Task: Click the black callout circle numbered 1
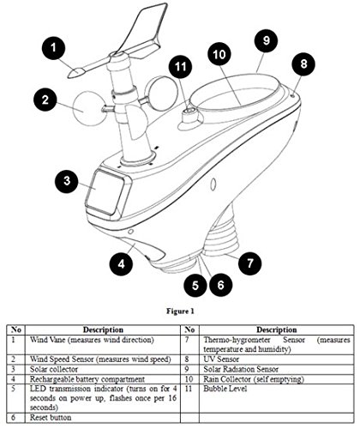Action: (x=54, y=48)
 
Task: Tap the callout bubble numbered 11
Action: (x=180, y=66)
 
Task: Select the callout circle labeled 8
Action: (x=303, y=63)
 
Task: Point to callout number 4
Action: (x=122, y=263)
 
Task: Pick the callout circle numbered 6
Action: (x=220, y=285)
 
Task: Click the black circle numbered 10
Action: (x=219, y=54)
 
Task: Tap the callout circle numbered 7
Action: (x=250, y=263)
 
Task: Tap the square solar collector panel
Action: (x=105, y=192)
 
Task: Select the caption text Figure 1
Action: (x=180, y=311)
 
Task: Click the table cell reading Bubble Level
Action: (x=225, y=389)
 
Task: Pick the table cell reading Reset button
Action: (x=51, y=417)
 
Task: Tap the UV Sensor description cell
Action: (x=221, y=359)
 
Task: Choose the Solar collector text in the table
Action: (x=54, y=369)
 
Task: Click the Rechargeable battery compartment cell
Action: (x=87, y=379)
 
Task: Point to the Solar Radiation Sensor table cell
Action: (x=241, y=369)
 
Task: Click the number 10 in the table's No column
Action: (x=189, y=379)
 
